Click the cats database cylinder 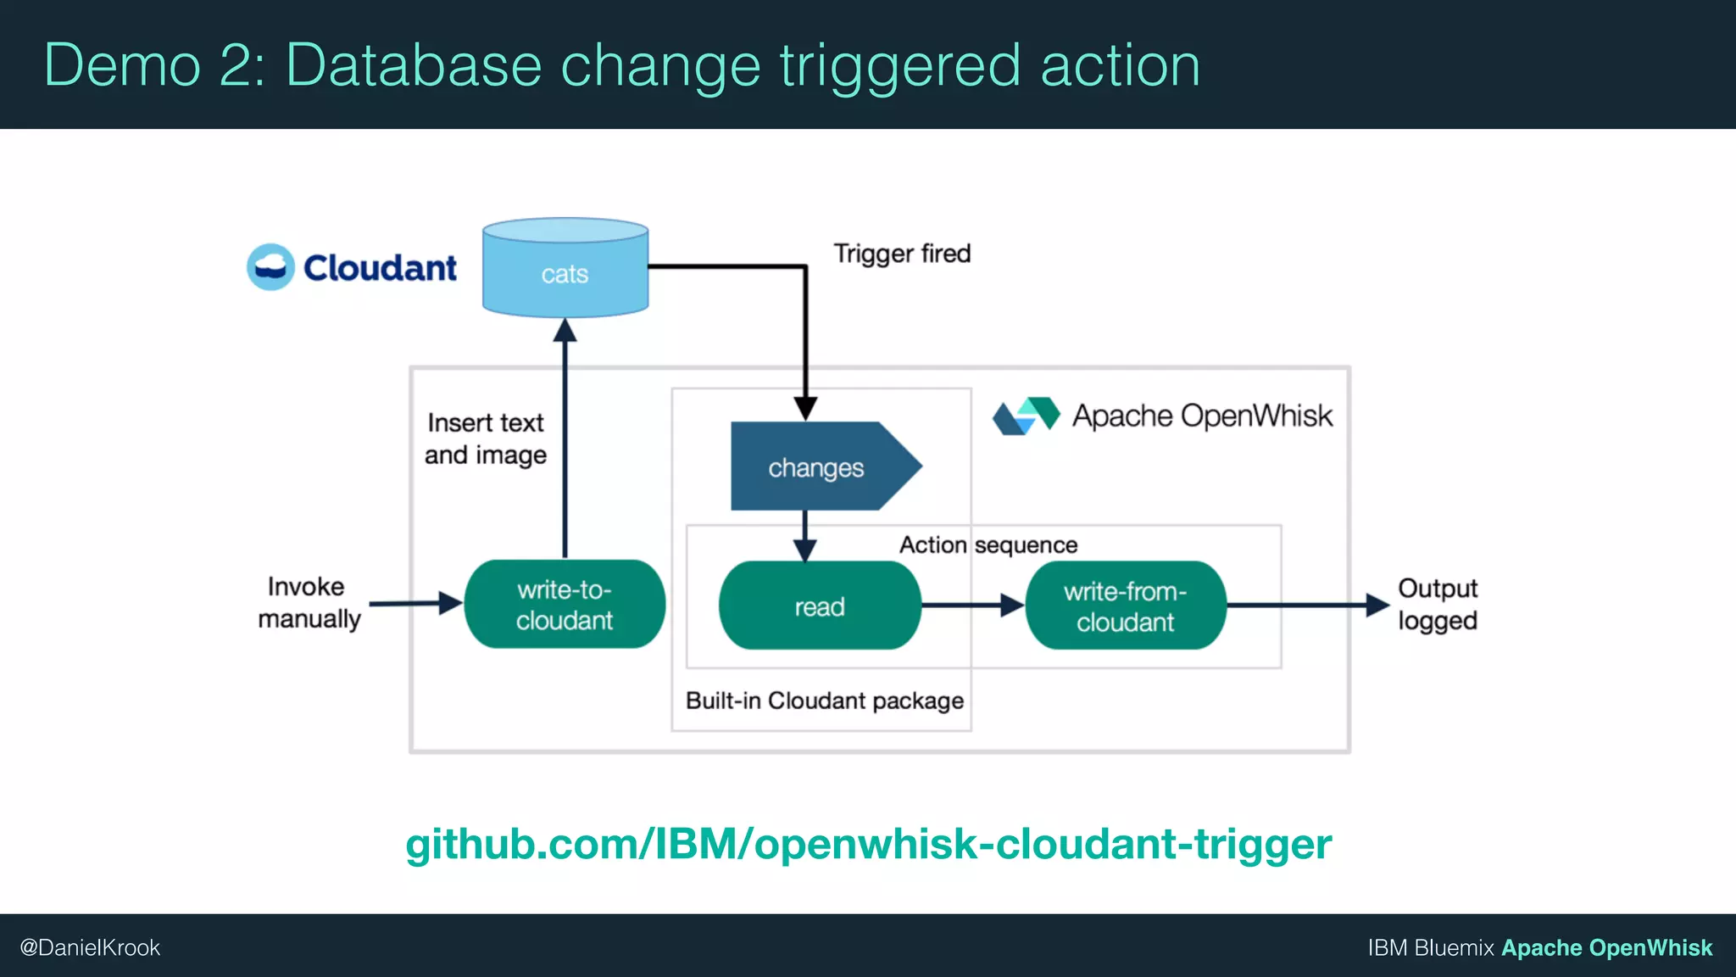pyautogui.click(x=565, y=270)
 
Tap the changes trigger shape pyautogui.click(x=816, y=466)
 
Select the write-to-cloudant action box pyautogui.click(x=565, y=605)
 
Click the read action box pyautogui.click(x=820, y=606)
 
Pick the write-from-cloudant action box pyautogui.click(x=1126, y=606)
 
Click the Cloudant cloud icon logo pyautogui.click(x=270, y=267)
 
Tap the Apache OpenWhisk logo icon pyautogui.click(x=1026, y=416)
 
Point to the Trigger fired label pyautogui.click(x=902, y=254)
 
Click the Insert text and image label pyautogui.click(x=486, y=438)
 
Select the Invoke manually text pyautogui.click(x=309, y=602)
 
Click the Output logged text pyautogui.click(x=1438, y=604)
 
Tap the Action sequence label pyautogui.click(x=988, y=544)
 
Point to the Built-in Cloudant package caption pyautogui.click(x=824, y=701)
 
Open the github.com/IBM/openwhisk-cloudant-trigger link pyautogui.click(x=868, y=844)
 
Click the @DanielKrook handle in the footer pyautogui.click(x=90, y=947)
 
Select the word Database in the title pyautogui.click(x=414, y=65)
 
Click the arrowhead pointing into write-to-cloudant pyautogui.click(x=450, y=604)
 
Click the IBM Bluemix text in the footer pyautogui.click(x=1430, y=947)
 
